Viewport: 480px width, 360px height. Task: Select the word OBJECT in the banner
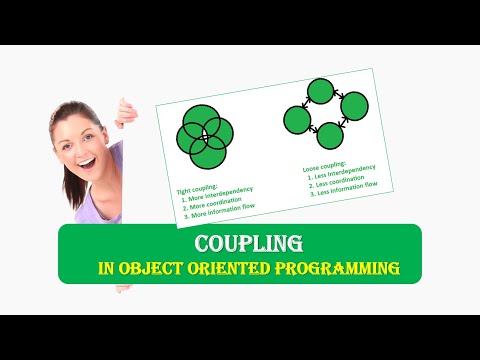pos(154,268)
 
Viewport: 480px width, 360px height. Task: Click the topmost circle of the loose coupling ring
pos(320,93)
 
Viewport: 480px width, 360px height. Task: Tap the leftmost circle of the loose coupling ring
pos(297,120)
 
